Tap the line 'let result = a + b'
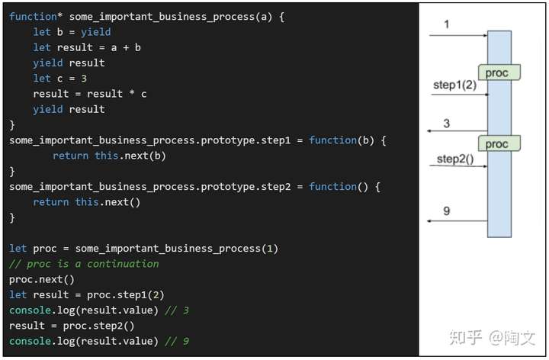coord(87,47)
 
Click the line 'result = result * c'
coord(90,94)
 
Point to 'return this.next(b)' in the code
coord(109,156)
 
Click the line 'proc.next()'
coord(42,279)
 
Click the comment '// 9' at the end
coord(181,341)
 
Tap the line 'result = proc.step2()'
coord(73,326)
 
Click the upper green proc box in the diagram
coord(499,72)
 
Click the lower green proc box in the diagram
coord(499,143)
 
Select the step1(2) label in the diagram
coord(454,85)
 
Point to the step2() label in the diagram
coord(454,159)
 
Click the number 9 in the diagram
coord(447,211)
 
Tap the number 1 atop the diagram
coord(447,25)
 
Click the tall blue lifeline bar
coord(499,191)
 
